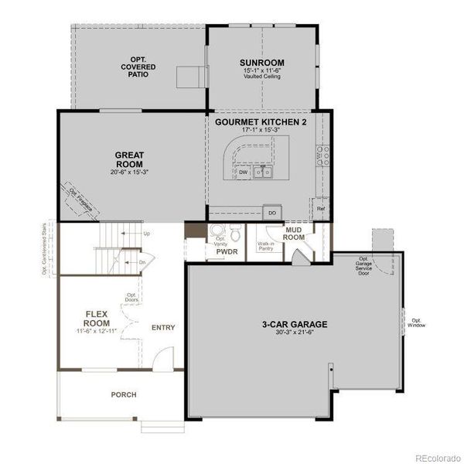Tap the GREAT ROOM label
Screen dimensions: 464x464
(x=129, y=160)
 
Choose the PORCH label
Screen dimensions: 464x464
(x=123, y=394)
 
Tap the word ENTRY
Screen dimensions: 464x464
(x=163, y=327)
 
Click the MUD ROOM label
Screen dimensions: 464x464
(x=293, y=234)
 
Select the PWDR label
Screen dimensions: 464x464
(x=227, y=252)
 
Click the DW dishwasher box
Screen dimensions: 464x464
(x=243, y=172)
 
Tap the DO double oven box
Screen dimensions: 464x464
(x=271, y=212)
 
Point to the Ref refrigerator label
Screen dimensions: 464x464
(x=320, y=208)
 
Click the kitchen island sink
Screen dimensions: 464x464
(x=264, y=172)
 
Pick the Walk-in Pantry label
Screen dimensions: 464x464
(x=267, y=247)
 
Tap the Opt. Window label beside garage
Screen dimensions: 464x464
(x=417, y=322)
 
